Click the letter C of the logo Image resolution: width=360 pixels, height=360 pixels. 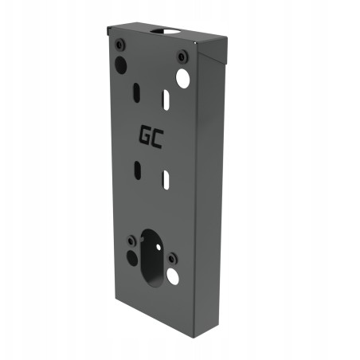pos(157,139)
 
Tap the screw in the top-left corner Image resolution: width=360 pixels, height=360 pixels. pos(120,44)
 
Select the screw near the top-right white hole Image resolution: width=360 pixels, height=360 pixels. pos(182,57)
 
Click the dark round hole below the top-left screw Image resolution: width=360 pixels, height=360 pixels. pos(120,65)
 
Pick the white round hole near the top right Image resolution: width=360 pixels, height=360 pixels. pos(183,78)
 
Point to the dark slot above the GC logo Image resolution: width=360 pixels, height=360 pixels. pos(137,92)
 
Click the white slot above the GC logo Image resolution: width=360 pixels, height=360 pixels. pos(166,100)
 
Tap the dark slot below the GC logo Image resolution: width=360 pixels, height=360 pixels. pos(138,170)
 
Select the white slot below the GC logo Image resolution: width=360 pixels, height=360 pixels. pos(166,180)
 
